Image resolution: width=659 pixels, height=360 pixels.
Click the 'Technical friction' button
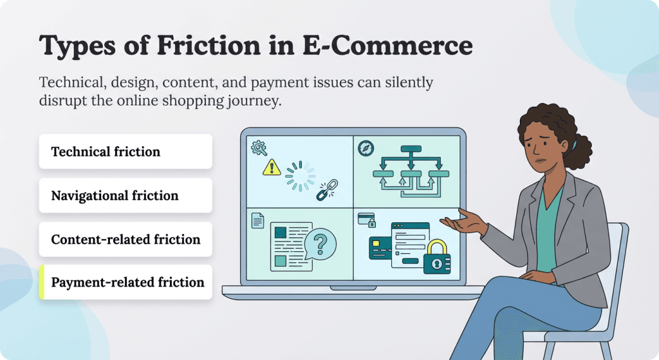(125, 152)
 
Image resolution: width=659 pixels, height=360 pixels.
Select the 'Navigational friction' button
(125, 196)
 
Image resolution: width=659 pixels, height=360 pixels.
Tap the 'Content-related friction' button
(125, 240)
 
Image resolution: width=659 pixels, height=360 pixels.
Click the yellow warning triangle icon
(272, 167)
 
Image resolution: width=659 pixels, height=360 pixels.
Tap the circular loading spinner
(301, 175)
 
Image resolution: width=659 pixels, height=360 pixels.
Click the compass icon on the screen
(366, 148)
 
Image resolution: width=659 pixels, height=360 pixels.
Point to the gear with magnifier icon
(259, 148)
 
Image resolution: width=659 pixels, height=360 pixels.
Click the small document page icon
(257, 221)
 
